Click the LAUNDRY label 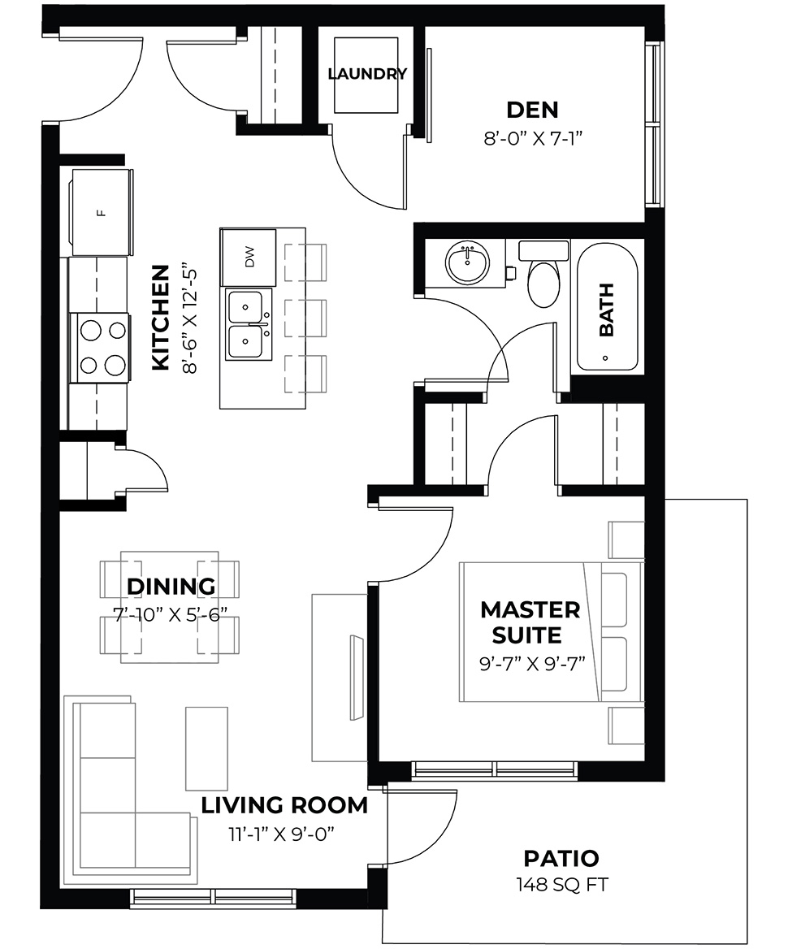pos(366,74)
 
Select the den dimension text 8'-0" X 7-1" pos(533,138)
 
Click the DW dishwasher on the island pos(249,258)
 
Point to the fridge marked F pos(101,212)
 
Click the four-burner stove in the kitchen pos(102,347)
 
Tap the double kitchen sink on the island pos(248,325)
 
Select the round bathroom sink pos(467,263)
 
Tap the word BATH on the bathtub pos(607,310)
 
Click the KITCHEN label pos(161,318)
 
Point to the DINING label pos(171,586)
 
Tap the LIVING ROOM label pos(284,806)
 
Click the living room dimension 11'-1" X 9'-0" pos(283,833)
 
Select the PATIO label pos(561,858)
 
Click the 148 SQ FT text pos(561,884)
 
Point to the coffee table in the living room pos(206,747)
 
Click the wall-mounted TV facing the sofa pos(355,674)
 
